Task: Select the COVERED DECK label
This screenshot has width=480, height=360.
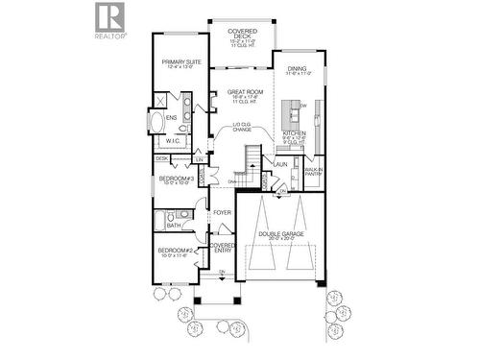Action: [240, 37]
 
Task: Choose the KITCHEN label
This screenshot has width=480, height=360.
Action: [295, 135]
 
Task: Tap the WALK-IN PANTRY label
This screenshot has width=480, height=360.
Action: [313, 173]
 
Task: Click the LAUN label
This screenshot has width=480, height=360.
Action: [280, 164]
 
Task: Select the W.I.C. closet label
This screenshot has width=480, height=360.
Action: [173, 141]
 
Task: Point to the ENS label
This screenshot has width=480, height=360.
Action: [171, 118]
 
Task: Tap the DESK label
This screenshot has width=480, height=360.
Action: [161, 158]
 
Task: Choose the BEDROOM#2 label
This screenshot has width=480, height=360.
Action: [177, 253]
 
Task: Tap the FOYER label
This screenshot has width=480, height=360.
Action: [222, 212]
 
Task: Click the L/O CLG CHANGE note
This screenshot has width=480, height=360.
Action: [241, 128]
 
